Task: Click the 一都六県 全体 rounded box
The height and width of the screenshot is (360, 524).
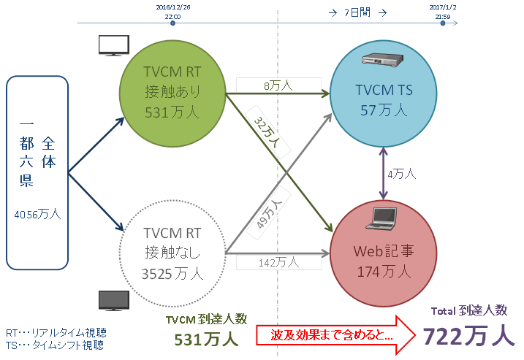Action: [37, 172]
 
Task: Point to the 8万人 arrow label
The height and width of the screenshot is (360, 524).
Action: [278, 85]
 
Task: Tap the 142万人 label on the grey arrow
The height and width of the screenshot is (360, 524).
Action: [278, 261]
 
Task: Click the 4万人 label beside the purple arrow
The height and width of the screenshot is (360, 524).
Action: [401, 174]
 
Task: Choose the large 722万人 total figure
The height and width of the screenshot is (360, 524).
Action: [468, 335]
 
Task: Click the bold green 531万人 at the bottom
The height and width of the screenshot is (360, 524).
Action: [206, 340]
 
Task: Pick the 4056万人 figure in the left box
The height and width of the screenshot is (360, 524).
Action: [37, 215]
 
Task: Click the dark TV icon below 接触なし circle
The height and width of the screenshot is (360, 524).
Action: [114, 300]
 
